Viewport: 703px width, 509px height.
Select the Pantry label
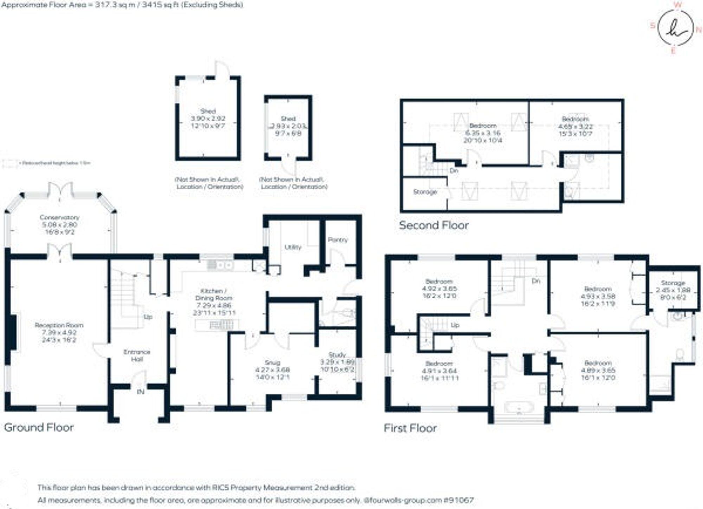pos(337,240)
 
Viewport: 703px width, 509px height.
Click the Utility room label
pos(293,247)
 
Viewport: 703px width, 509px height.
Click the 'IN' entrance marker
pos(140,392)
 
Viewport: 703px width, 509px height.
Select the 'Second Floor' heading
pos(434,225)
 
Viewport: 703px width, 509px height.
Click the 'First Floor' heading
pos(410,428)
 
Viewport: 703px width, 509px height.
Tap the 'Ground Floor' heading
pos(39,427)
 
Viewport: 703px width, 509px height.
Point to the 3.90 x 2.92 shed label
pos(208,119)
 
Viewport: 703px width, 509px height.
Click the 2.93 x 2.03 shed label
pos(288,126)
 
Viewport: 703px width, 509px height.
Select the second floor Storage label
pos(425,192)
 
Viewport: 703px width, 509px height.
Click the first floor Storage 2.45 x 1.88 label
pos(673,290)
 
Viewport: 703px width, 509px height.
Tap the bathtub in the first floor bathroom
pos(519,408)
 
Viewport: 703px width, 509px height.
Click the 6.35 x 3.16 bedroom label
pos(483,133)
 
